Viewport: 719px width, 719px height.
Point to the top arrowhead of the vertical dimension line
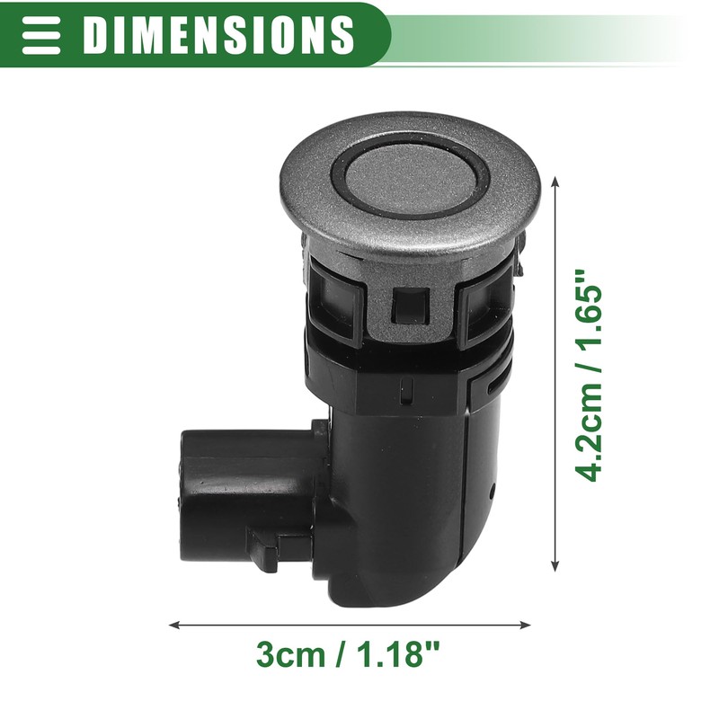(x=556, y=180)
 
